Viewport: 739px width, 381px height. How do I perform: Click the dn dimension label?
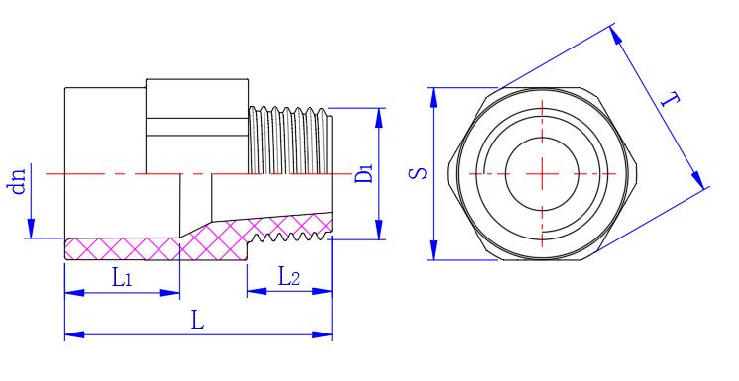coord(18,181)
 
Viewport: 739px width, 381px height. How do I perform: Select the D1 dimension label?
coord(364,173)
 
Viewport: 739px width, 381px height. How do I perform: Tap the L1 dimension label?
coord(121,278)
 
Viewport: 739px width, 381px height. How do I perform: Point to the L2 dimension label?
coord(288,276)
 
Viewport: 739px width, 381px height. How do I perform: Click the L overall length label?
coord(197,321)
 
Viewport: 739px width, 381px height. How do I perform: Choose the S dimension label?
coord(418,173)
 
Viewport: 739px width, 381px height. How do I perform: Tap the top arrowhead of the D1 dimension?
coord(379,118)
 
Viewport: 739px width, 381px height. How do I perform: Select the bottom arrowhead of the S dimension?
coord(433,249)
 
